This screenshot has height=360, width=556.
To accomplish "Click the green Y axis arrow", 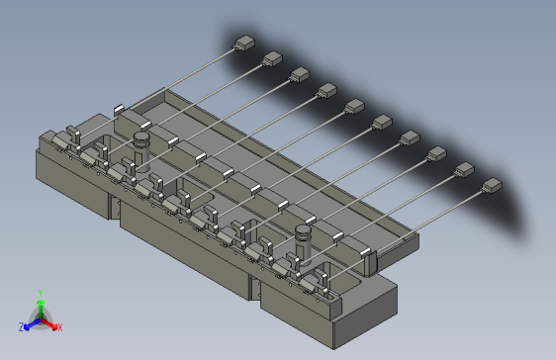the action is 41,308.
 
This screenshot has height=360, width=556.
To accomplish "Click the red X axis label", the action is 60,327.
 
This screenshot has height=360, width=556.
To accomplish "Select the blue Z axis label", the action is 22,326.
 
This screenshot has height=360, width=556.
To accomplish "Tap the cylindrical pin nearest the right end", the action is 304,243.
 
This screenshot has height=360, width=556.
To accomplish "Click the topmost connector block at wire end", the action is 244,43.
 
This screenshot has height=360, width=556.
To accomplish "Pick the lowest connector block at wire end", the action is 492,185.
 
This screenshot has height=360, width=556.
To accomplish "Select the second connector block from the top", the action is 272,58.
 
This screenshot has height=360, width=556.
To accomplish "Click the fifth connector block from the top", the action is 354,106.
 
